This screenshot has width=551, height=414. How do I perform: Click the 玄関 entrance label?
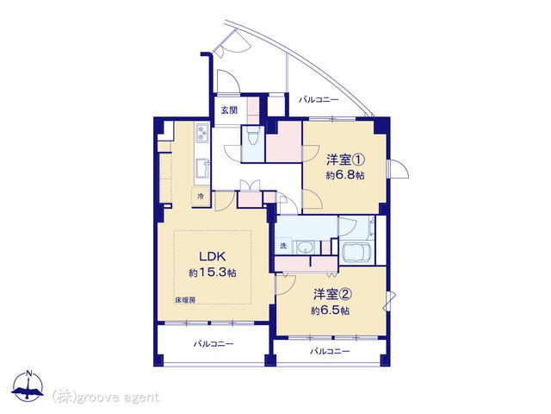coord(229,110)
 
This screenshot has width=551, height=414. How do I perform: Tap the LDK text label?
coord(213,256)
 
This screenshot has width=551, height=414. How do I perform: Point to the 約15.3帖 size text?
coord(213,273)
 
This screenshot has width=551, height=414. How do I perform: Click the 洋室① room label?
coord(345,160)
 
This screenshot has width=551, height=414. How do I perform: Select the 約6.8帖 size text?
coord(345,175)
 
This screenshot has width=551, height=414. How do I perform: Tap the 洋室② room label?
coord(332,294)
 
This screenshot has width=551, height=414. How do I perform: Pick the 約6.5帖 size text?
coord(330,310)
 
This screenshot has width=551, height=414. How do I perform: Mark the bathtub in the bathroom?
coord(356,252)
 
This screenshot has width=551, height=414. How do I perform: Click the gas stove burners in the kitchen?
coord(201,133)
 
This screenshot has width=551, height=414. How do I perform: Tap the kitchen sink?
coord(202,168)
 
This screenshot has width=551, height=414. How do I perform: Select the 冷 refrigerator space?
coord(201,197)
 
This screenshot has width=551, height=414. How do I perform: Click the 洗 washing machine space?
coord(283,246)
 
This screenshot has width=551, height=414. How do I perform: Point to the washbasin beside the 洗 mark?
coord(306,248)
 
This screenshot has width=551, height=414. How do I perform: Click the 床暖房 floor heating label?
coord(186,300)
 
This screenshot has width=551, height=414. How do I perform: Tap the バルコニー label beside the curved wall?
coord(319,100)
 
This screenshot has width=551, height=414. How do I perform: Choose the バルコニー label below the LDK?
coord(214,343)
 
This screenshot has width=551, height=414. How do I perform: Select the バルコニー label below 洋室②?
coord(330,351)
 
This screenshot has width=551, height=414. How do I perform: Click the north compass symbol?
coord(28,387)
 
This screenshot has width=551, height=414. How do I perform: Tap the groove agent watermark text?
coord(106,398)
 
